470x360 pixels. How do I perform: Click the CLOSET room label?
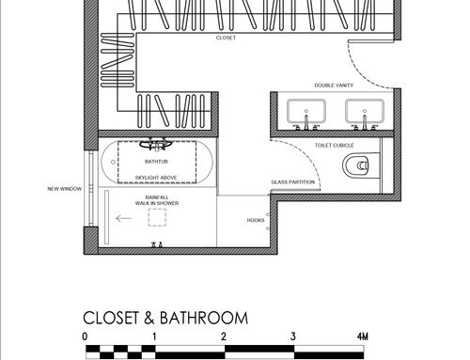tap(226, 38)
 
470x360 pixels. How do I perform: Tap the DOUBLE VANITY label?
tap(334, 86)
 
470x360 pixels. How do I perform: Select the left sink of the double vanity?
tap(306, 112)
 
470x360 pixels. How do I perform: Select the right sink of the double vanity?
tap(365, 112)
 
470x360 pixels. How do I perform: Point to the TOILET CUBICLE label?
tap(335, 146)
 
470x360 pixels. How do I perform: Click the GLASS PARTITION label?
tap(293, 182)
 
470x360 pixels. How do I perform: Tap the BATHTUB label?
tap(156, 162)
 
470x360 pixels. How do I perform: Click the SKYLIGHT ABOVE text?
tap(156, 178)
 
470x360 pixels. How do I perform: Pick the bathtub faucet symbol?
tap(156, 145)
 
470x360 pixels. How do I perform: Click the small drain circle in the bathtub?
tap(113, 162)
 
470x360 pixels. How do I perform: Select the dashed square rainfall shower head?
tap(157, 217)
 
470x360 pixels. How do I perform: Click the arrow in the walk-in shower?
tap(123, 218)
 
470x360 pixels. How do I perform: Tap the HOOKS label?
tap(256, 220)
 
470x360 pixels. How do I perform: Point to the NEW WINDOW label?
tap(65, 189)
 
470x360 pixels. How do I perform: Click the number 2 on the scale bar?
tap(224, 337)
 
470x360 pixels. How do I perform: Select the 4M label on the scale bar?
tap(363, 337)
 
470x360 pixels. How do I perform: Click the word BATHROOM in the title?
tap(204, 318)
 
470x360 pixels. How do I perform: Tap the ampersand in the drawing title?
tap(149, 318)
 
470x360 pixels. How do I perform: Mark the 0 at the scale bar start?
tap(85, 337)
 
